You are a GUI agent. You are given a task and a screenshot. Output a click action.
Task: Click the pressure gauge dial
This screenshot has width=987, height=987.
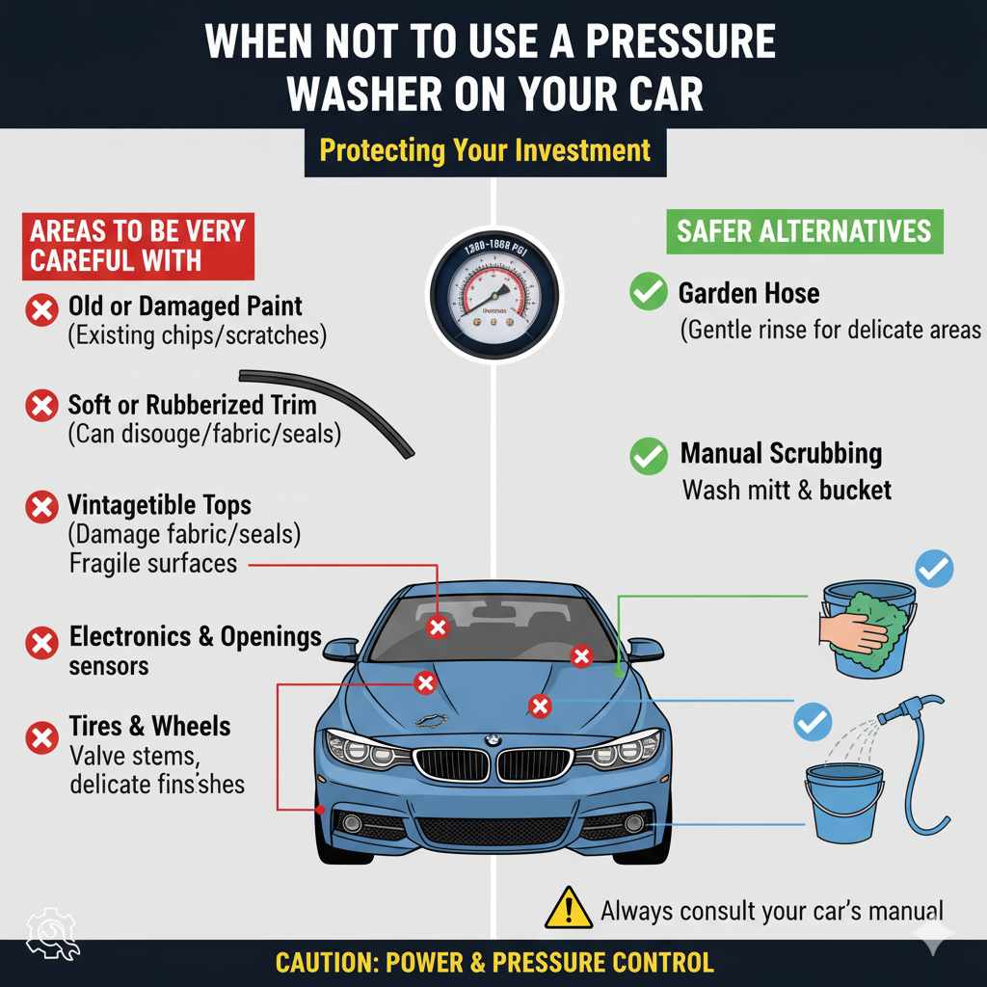pyautogui.click(x=493, y=294)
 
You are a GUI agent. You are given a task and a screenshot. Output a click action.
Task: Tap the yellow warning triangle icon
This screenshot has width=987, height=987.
pyautogui.click(x=569, y=908)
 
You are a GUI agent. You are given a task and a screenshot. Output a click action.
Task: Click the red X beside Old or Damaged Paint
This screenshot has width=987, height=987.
pyautogui.click(x=40, y=310)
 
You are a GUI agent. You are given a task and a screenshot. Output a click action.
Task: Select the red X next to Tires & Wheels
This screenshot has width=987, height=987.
pyautogui.click(x=40, y=739)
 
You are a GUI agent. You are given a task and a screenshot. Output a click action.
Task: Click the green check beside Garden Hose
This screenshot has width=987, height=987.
pyautogui.click(x=648, y=292)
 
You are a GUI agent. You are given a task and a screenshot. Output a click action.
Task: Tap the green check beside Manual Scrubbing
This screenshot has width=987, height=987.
pyautogui.click(x=648, y=455)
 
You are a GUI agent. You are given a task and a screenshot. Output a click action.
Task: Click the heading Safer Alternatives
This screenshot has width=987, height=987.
pyautogui.click(x=804, y=231)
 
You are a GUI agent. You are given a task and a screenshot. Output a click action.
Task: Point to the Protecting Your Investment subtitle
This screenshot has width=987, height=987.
pyautogui.click(x=485, y=151)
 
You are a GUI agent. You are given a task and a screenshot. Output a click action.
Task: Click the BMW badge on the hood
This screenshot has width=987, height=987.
pyautogui.click(x=493, y=740)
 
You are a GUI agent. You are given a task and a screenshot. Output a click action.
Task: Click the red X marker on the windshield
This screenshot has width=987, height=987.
pyautogui.click(x=439, y=627)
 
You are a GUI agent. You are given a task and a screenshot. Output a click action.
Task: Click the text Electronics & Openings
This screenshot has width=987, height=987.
pyautogui.click(x=195, y=637)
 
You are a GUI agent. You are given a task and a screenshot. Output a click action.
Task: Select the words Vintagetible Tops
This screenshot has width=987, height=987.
pyautogui.click(x=159, y=505)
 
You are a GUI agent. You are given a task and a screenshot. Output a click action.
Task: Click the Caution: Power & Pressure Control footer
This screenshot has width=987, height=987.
pyautogui.click(x=493, y=962)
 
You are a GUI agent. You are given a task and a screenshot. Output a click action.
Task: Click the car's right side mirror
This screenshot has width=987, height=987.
pyautogui.click(x=644, y=650)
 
